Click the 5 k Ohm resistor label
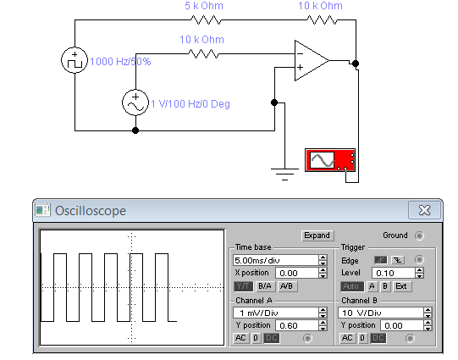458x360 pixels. click(x=204, y=6)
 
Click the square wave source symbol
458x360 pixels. click(x=74, y=60)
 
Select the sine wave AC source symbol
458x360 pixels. click(x=135, y=102)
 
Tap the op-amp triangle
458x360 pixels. click(x=312, y=60)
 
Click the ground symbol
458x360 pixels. click(x=284, y=174)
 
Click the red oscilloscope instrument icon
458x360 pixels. click(x=330, y=160)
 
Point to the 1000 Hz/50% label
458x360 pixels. click(x=120, y=62)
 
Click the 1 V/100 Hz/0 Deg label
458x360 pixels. click(x=190, y=103)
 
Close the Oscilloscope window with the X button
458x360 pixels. click(x=424, y=210)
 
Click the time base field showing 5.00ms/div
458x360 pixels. click(x=276, y=260)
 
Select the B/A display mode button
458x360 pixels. click(x=265, y=286)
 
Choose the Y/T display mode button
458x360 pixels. click(x=243, y=286)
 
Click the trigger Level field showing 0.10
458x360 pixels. click(x=394, y=273)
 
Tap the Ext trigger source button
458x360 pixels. click(x=401, y=286)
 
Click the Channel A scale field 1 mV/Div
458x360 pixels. click(x=276, y=313)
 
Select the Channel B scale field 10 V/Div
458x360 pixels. click(x=381, y=313)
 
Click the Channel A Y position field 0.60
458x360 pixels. click(x=297, y=325)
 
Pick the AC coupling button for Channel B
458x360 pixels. click(x=347, y=338)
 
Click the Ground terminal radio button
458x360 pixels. click(x=419, y=235)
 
